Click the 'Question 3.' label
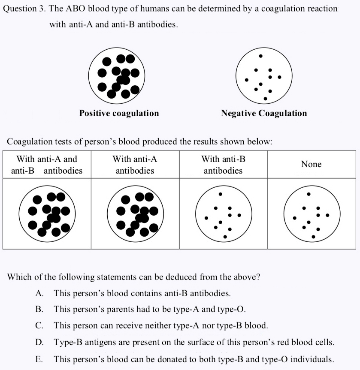[24, 9]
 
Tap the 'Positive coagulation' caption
[119, 113]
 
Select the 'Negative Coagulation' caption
[264, 113]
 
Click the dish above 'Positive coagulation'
[117, 76]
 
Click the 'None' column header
[311, 164]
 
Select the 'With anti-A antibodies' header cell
[135, 165]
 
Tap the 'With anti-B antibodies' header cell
[223, 165]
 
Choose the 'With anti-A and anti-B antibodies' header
[47, 165]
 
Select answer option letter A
[39, 294]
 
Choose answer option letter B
[39, 309]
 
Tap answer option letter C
[39, 325]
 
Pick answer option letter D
[39, 342]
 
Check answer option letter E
[39, 359]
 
